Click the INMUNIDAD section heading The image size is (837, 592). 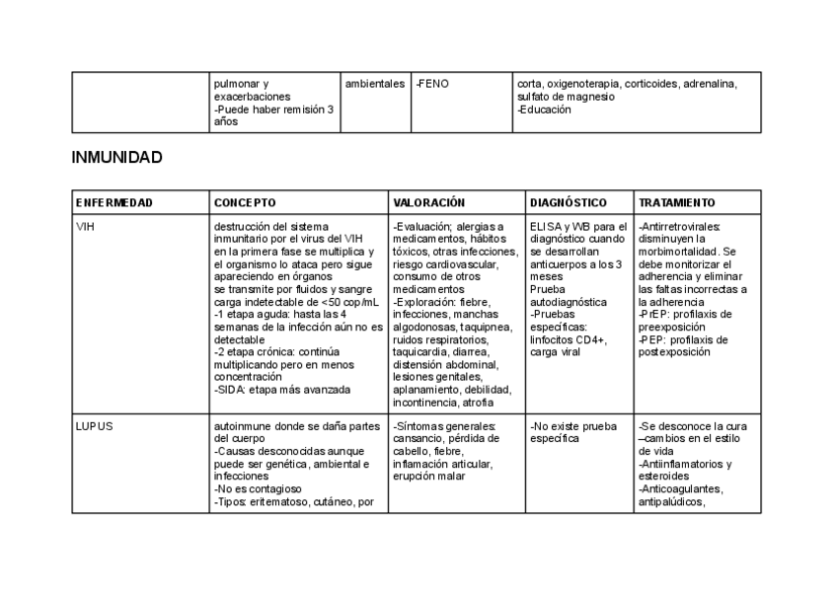click(116, 158)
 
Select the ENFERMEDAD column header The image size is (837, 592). click(114, 202)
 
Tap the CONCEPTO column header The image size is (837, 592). click(245, 202)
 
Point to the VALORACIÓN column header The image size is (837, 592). click(428, 202)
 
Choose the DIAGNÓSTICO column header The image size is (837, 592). click(569, 202)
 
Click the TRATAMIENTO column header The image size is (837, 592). click(677, 202)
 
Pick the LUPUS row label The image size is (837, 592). click(94, 426)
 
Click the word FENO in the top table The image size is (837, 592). click(434, 84)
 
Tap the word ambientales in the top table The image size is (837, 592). click(375, 84)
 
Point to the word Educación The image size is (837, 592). click(546, 110)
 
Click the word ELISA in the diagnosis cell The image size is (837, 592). click(546, 226)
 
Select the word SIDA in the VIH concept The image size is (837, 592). click(231, 389)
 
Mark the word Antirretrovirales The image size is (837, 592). click(680, 226)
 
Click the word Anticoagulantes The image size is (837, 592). click(682, 488)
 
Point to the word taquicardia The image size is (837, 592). click(418, 350)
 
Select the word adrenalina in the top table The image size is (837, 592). click(709, 84)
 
